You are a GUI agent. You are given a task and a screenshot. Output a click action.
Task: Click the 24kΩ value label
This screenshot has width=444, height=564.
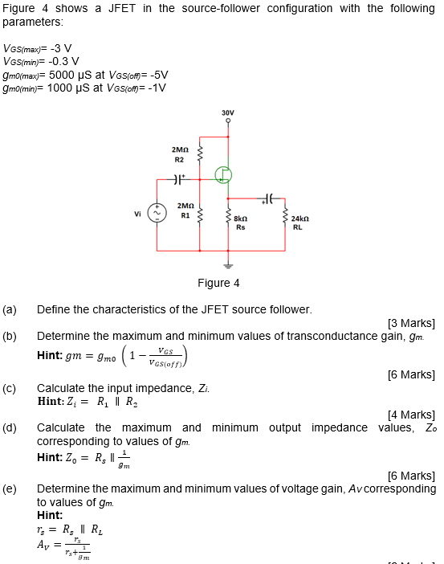point(298,219)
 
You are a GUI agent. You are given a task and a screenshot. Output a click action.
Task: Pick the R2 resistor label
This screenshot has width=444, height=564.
point(180,159)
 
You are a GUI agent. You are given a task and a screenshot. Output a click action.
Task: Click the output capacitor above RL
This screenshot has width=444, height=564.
point(269,198)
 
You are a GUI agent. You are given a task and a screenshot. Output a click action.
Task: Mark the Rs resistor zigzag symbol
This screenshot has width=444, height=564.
point(228,218)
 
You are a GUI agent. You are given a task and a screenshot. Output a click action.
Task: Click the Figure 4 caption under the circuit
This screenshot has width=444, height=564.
point(218,283)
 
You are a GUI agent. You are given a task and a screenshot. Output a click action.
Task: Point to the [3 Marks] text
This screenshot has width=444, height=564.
point(411,323)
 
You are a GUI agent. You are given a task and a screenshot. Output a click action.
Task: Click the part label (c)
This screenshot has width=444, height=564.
point(10,389)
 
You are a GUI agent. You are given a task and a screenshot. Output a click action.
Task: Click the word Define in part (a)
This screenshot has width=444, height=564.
point(54,309)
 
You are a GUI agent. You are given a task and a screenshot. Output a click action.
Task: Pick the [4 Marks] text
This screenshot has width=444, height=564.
point(411,415)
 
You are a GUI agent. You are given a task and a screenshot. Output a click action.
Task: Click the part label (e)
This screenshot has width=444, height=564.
point(10,488)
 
